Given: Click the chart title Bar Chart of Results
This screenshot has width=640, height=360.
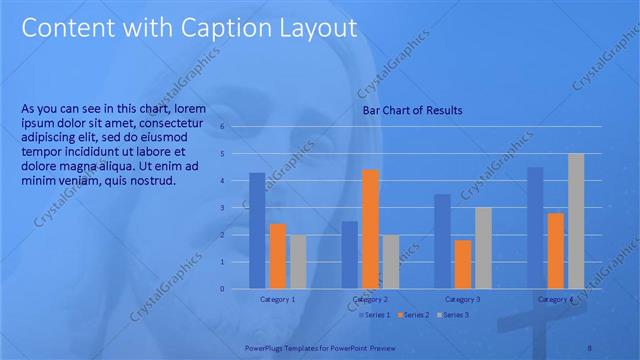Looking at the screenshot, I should click(412, 110).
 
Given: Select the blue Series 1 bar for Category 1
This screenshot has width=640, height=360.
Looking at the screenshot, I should click(257, 230).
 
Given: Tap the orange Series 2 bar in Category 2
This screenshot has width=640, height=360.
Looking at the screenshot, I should click(370, 229).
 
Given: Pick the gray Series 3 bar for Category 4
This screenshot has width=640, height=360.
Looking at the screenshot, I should click(575, 220).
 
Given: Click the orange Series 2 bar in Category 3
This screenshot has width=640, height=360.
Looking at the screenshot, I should click(462, 264).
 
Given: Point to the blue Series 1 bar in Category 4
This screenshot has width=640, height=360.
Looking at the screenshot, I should click(535, 227).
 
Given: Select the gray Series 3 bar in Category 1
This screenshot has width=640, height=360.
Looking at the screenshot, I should click(297, 261).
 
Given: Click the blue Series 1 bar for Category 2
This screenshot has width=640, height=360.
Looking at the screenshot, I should click(349, 254).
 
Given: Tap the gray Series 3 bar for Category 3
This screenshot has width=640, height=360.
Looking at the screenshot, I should click(482, 248).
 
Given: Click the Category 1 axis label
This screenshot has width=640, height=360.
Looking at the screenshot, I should click(277, 299).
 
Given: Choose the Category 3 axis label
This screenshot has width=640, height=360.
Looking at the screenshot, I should click(462, 299).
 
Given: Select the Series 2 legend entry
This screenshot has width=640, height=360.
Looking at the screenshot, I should click(415, 315).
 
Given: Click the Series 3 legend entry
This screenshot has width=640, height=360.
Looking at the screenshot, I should click(453, 315).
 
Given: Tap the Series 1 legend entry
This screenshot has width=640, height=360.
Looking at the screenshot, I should click(376, 315).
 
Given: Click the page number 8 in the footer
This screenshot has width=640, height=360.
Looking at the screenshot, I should click(589, 347).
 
